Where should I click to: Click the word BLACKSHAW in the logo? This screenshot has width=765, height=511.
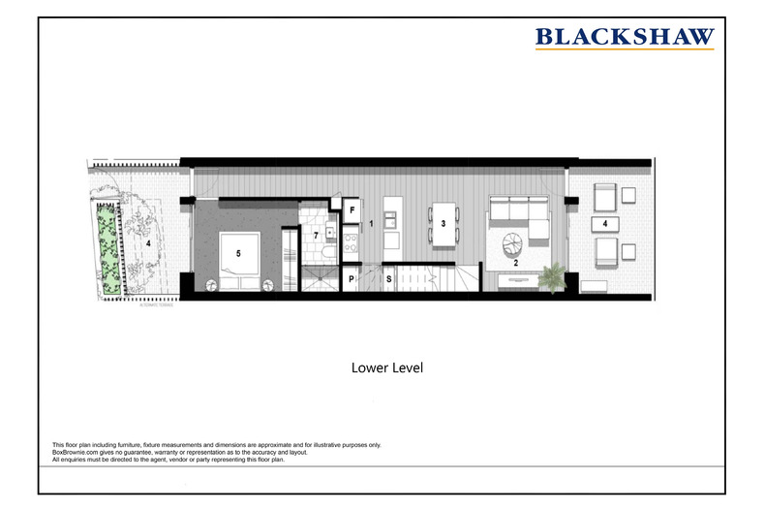625,37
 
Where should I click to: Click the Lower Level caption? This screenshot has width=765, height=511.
386,368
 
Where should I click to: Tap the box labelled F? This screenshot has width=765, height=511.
352,209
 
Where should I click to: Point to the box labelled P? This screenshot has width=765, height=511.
352,279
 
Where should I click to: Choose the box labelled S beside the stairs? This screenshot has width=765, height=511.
389,279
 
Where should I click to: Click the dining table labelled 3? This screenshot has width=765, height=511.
443,224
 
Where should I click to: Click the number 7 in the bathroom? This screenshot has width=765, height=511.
314,237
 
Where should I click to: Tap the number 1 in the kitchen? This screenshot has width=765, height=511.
371,224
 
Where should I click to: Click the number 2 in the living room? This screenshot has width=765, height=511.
516,263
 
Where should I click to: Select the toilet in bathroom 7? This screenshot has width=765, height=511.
328,253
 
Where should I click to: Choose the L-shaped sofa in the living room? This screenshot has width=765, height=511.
517,211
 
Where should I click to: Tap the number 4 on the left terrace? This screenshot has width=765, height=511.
148,244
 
